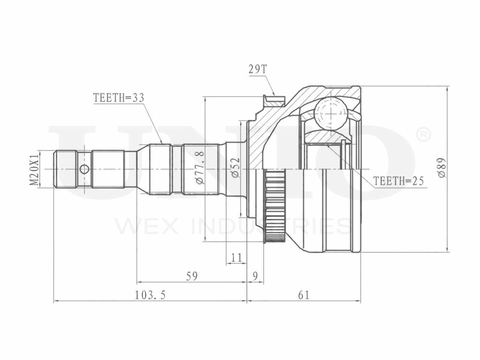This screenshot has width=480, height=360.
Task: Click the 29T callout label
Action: [x=258, y=70]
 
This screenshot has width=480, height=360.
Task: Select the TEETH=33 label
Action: [x=119, y=98]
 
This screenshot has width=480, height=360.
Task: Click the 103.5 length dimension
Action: [x=150, y=295]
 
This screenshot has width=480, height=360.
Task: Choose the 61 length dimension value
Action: [x=304, y=295]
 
